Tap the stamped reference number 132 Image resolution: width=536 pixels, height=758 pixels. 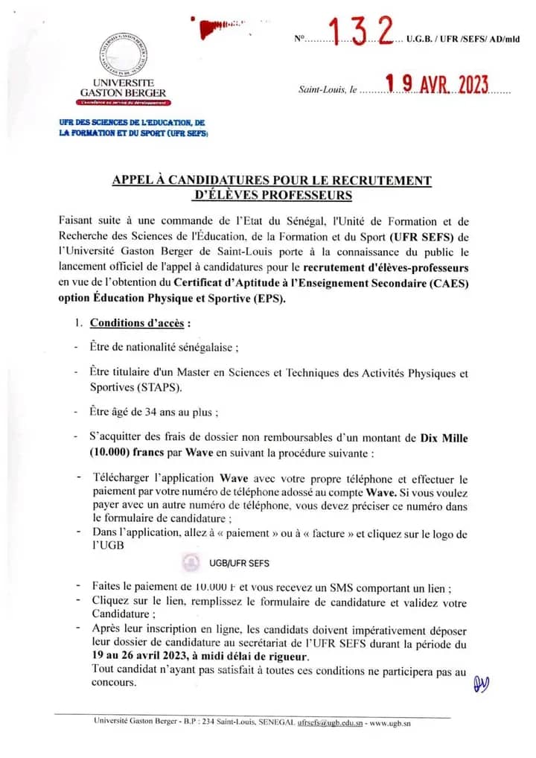coord(362,32)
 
